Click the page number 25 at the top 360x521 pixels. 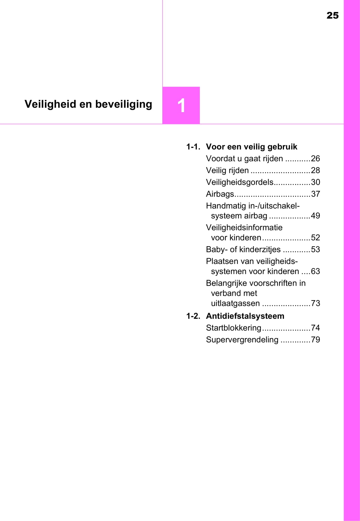[333, 15]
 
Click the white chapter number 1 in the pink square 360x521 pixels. [181, 106]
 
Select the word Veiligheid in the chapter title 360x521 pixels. [50, 104]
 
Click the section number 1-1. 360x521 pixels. [193, 147]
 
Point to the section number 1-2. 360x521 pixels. [193, 316]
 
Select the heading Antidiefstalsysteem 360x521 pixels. [245, 316]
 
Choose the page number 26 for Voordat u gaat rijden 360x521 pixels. [315, 158]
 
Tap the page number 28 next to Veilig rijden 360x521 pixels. [315, 170]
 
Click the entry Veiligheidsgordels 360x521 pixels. [240, 182]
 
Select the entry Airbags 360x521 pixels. [220, 194]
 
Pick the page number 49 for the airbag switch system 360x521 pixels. [315, 216]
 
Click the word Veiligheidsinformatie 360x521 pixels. [244, 227]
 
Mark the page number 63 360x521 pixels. [315, 271]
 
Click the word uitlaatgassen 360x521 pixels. [235, 303]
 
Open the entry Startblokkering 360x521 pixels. [234, 328]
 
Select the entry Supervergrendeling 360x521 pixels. [242, 340]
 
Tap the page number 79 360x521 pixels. [315, 340]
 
